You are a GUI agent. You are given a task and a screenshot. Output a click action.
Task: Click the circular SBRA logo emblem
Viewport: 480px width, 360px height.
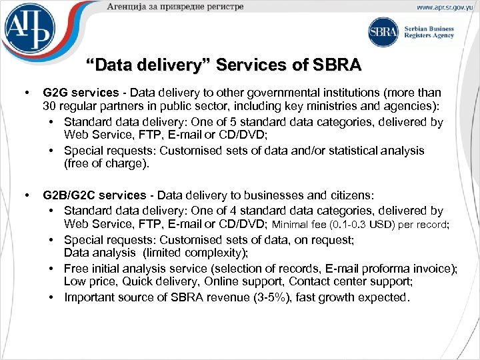pos(383,32)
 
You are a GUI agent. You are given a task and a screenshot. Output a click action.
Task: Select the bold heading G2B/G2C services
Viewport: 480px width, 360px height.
pos(94,195)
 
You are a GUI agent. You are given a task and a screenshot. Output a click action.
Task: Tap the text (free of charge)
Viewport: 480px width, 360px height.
pos(104,163)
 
